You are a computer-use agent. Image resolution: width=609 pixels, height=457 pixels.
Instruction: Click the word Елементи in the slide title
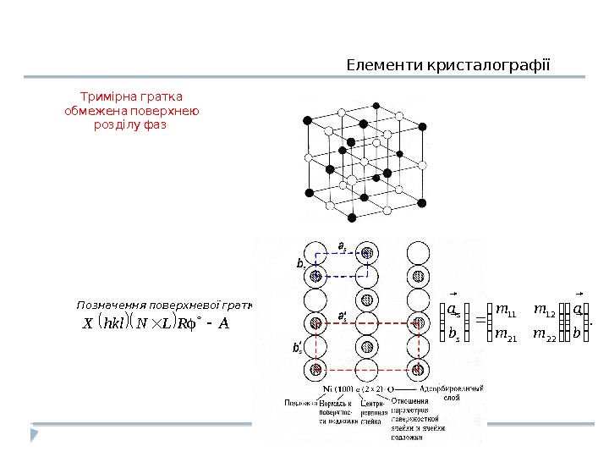pos(374,65)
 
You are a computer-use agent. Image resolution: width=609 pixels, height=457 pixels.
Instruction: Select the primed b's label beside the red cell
pos(297,347)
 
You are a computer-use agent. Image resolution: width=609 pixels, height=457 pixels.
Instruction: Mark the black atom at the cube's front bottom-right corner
pos(422,201)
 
